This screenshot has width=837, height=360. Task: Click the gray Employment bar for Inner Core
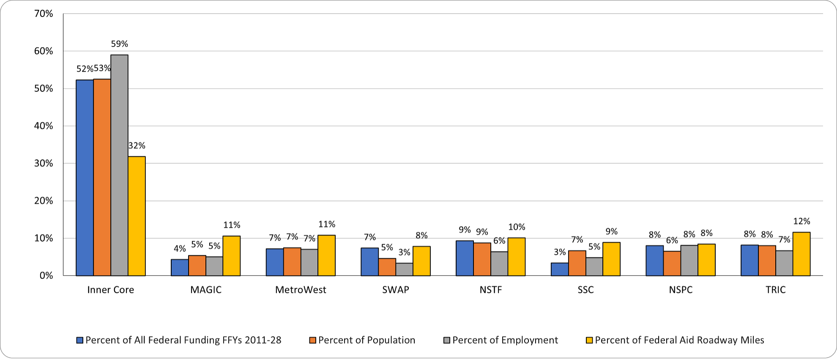pyautogui.click(x=119, y=165)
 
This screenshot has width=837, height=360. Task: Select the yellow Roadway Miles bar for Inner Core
pyautogui.click(x=137, y=216)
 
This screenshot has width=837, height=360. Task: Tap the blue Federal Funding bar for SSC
pyautogui.click(x=560, y=269)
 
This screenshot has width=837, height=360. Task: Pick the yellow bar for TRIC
pyautogui.click(x=801, y=254)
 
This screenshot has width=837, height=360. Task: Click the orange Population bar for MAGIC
pyautogui.click(x=197, y=265)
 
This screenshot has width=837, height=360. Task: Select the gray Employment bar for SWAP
pyautogui.click(x=405, y=269)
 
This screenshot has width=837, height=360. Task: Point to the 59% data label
pyautogui.click(x=119, y=44)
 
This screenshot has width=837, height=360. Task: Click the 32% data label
pyautogui.click(x=137, y=146)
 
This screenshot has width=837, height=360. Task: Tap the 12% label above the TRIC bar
pyautogui.click(x=801, y=221)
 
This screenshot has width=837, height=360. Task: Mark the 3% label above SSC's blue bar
pyautogui.click(x=560, y=252)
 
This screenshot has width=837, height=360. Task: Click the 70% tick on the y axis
pyautogui.click(x=44, y=14)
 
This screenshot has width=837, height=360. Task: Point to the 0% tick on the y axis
pyautogui.click(x=46, y=275)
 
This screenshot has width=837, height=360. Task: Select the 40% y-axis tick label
pyautogui.click(x=44, y=126)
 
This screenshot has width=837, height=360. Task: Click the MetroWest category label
pyautogui.click(x=301, y=290)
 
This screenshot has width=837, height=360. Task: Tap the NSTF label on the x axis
pyautogui.click(x=490, y=290)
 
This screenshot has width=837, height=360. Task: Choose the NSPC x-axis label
pyautogui.click(x=681, y=290)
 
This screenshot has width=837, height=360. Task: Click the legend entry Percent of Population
pyautogui.click(x=366, y=340)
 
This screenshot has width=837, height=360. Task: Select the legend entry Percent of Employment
pyautogui.click(x=505, y=340)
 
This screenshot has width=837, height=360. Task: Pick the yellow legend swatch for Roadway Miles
pyautogui.click(x=589, y=340)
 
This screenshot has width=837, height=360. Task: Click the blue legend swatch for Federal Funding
pyautogui.click(x=79, y=340)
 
